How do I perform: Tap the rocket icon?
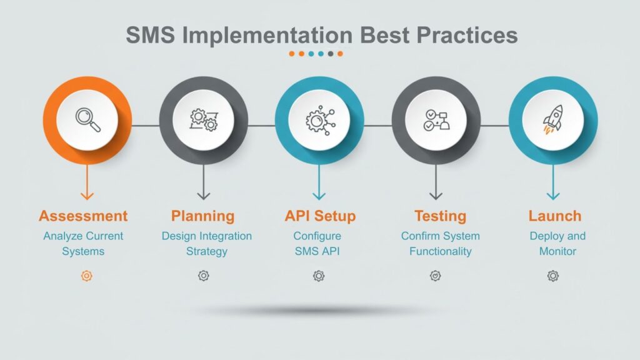(552, 119)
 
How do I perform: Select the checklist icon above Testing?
(436, 119)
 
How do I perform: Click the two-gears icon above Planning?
(203, 119)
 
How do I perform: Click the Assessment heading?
(83, 216)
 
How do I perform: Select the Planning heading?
(203, 216)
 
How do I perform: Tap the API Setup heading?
(320, 216)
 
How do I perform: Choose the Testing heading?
(440, 216)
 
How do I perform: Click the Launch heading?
(555, 216)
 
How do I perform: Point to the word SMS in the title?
(150, 35)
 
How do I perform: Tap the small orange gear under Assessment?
(87, 276)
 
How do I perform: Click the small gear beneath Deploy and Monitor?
(553, 276)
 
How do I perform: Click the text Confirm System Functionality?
(441, 244)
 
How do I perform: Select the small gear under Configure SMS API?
(319, 276)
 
